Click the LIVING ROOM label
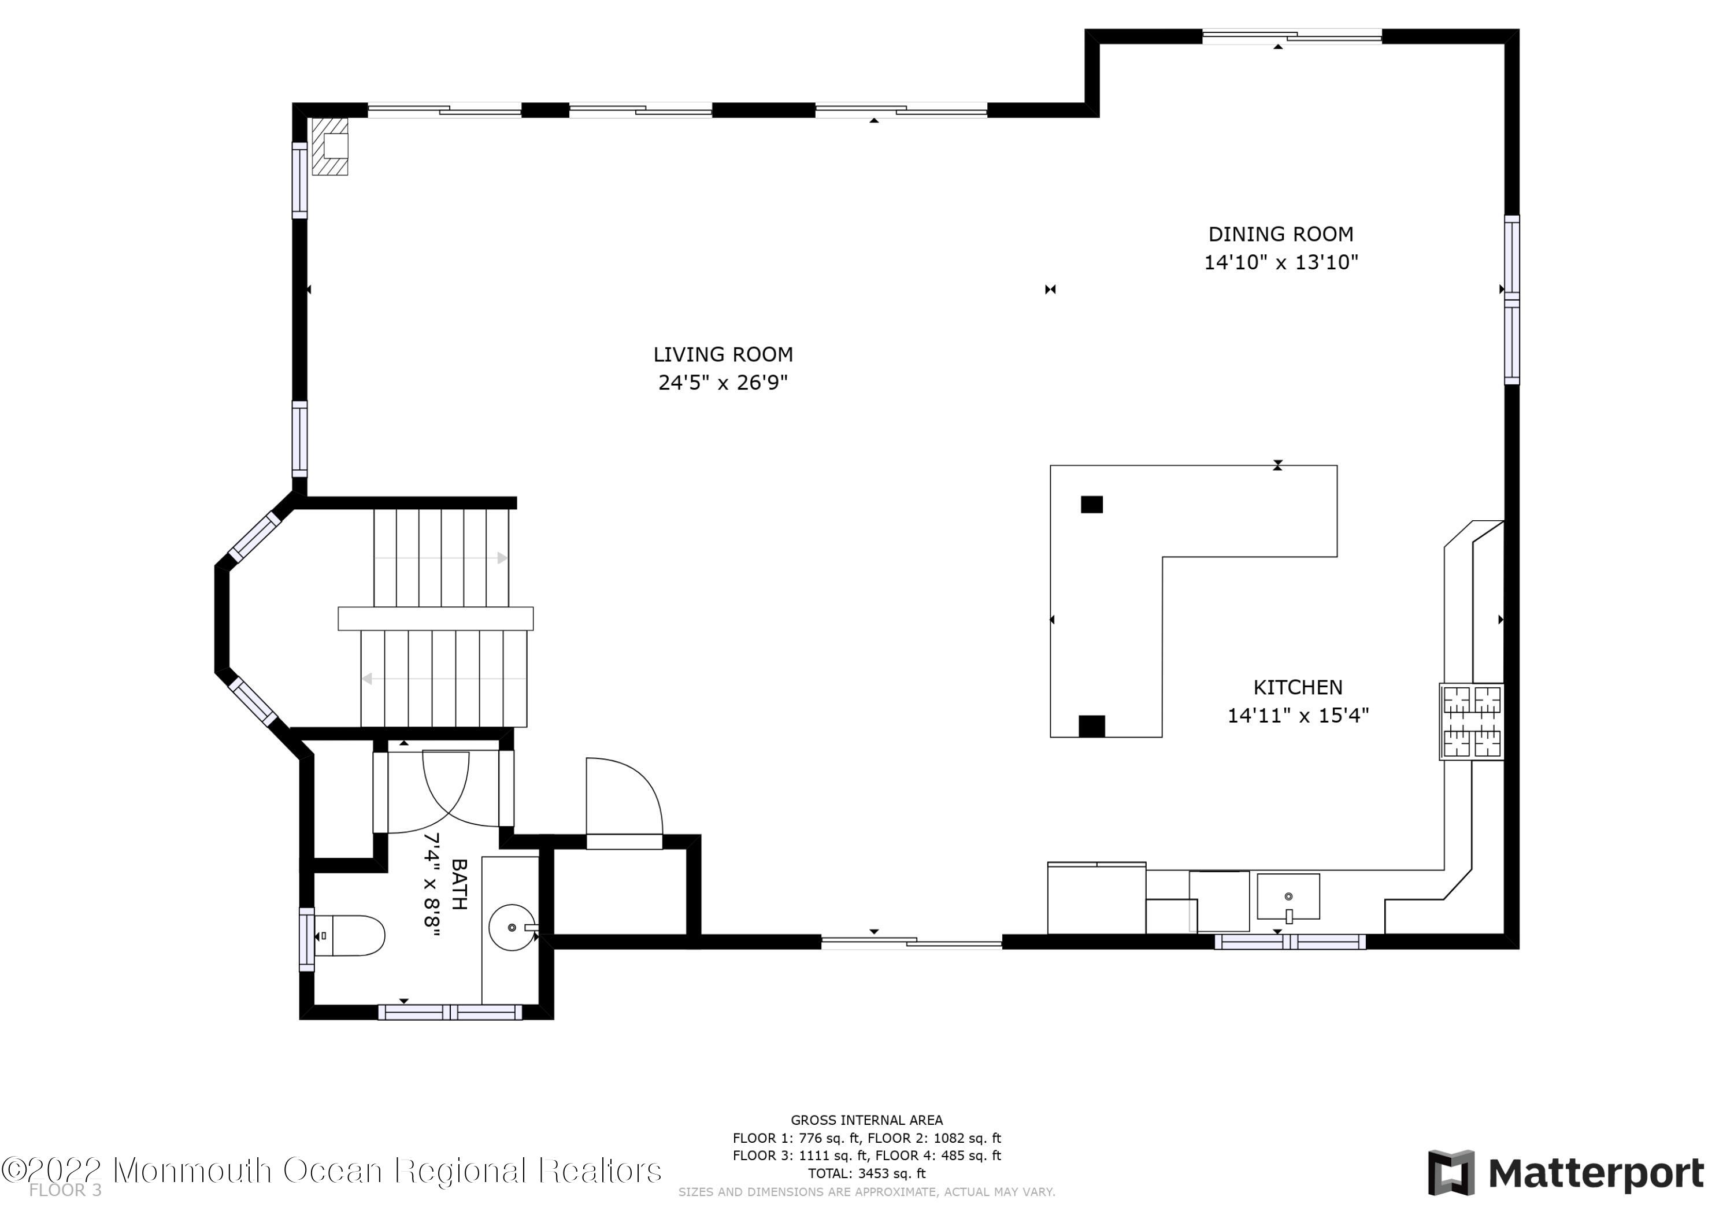tap(722, 354)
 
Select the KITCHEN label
tap(1298, 687)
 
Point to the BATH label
tap(458, 884)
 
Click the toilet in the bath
tap(350, 935)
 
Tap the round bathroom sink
tap(512, 927)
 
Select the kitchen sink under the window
tap(1288, 897)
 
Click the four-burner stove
tap(1470, 721)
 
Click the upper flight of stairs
tap(441, 557)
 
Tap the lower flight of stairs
tap(443, 679)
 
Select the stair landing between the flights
tap(435, 618)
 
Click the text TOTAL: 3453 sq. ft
tap(866, 1173)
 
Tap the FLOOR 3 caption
tap(65, 1191)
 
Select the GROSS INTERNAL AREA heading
tap(866, 1120)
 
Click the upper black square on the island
tap(1091, 505)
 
